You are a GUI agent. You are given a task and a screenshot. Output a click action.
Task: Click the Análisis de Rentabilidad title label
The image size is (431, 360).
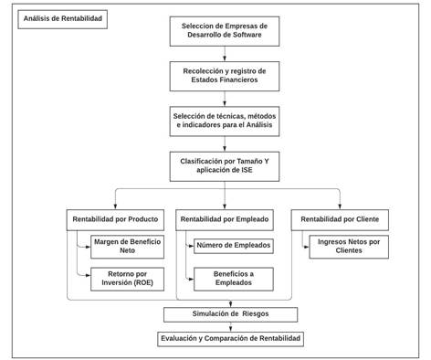click(61, 18)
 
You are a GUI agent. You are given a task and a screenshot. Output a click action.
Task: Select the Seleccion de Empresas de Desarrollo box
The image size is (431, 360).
click(224, 29)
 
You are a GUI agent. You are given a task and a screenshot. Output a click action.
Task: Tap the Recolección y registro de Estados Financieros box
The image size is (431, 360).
click(224, 75)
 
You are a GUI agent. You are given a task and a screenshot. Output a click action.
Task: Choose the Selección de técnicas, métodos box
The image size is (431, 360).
click(224, 121)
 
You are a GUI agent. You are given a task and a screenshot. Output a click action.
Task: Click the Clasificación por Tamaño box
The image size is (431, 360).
click(224, 166)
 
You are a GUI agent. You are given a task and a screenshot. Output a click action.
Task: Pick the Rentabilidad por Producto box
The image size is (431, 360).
click(116, 219)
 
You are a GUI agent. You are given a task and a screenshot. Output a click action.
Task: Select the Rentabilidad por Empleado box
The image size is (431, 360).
click(224, 219)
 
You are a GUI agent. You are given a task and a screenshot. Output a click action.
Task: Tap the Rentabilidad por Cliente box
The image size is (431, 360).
click(340, 219)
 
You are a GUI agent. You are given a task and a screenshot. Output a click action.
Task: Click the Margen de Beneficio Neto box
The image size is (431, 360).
click(127, 246)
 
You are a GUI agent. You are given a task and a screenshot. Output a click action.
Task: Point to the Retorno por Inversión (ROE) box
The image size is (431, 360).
click(127, 279)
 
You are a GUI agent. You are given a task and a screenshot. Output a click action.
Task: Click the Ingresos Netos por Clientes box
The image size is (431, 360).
click(348, 246)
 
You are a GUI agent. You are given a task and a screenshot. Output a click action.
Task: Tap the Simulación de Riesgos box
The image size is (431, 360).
click(229, 314)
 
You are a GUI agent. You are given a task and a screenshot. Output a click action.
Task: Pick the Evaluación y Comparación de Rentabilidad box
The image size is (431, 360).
click(229, 338)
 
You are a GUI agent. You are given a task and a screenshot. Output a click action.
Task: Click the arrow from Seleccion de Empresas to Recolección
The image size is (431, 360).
click(224, 53)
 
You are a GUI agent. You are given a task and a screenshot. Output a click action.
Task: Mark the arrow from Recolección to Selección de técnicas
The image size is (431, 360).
click(224, 98)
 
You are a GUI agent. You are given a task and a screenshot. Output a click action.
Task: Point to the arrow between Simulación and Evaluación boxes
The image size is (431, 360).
click(229, 326)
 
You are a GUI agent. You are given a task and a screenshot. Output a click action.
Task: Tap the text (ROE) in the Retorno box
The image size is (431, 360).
click(146, 284)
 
